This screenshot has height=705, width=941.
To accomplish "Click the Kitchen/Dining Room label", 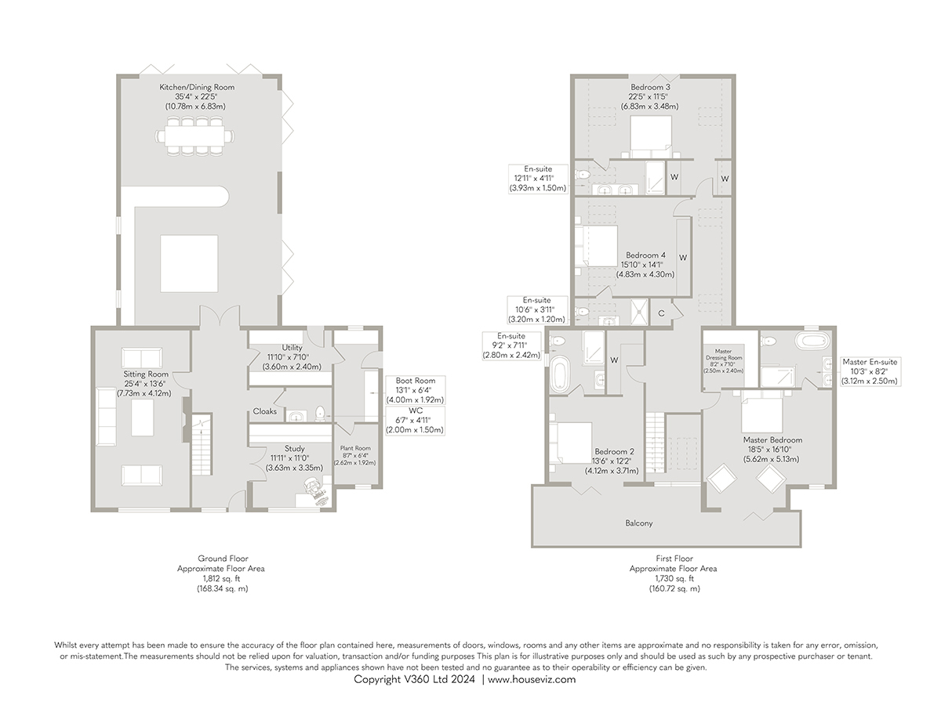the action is pyautogui.click(x=197, y=87).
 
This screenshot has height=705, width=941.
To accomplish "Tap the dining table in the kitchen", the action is pyautogui.click(x=195, y=136).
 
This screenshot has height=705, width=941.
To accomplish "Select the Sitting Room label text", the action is pyautogui.click(x=146, y=374).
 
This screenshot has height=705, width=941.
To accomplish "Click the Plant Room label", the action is pyautogui.click(x=355, y=448).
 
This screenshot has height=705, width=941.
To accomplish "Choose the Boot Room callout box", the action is pyautogui.click(x=415, y=390).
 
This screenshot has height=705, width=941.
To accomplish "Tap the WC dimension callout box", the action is pyautogui.click(x=415, y=421).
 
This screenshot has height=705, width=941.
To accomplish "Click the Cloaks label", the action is pyautogui.click(x=264, y=411).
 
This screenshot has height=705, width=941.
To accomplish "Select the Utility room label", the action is pyautogui.click(x=292, y=348).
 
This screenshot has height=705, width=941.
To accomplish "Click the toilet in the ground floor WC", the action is pyautogui.click(x=320, y=414).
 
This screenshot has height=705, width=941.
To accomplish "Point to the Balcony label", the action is pyautogui.click(x=639, y=523).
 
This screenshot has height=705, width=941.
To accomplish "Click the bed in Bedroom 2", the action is pyautogui.click(x=571, y=443).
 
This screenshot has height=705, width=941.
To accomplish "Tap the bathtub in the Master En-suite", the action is pyautogui.click(x=812, y=342).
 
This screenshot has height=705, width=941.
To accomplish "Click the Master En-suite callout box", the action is pyautogui.click(x=870, y=371).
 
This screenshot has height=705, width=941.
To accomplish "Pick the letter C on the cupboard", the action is pyautogui.click(x=661, y=314).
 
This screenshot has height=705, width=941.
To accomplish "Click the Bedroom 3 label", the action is pyautogui.click(x=650, y=87).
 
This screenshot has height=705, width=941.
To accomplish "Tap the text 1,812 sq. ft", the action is pyautogui.click(x=222, y=579).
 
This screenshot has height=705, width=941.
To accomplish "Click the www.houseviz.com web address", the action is pyautogui.click(x=532, y=679).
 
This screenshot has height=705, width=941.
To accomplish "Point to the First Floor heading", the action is pyautogui.click(x=674, y=559).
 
